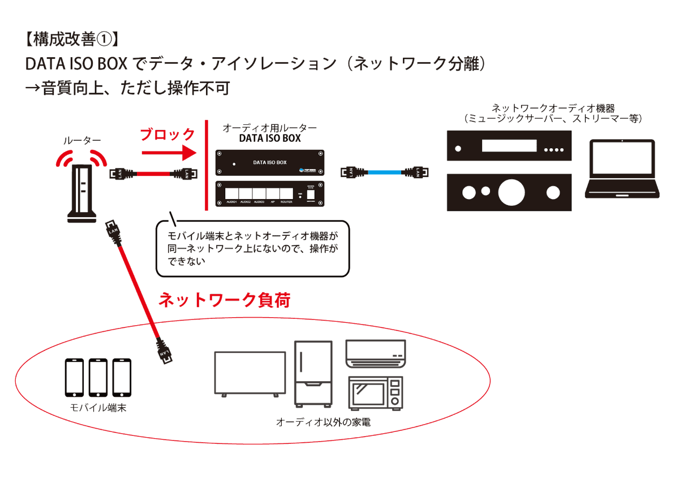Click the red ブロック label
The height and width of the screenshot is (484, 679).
pos(167,135)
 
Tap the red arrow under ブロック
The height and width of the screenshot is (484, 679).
pos(167,153)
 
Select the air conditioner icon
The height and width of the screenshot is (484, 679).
pos(376,351)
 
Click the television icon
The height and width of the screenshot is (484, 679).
pos(250,374)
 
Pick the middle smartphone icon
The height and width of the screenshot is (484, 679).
pos(98,378)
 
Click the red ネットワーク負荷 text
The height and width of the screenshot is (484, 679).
pos(224,300)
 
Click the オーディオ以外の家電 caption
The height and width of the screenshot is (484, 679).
pos(323,422)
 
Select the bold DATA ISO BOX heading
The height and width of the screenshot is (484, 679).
pos(270,139)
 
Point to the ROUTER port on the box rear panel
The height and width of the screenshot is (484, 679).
pos(286,192)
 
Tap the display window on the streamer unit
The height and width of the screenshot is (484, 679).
pos(508,146)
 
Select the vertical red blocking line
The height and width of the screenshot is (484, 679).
pos(207,164)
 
